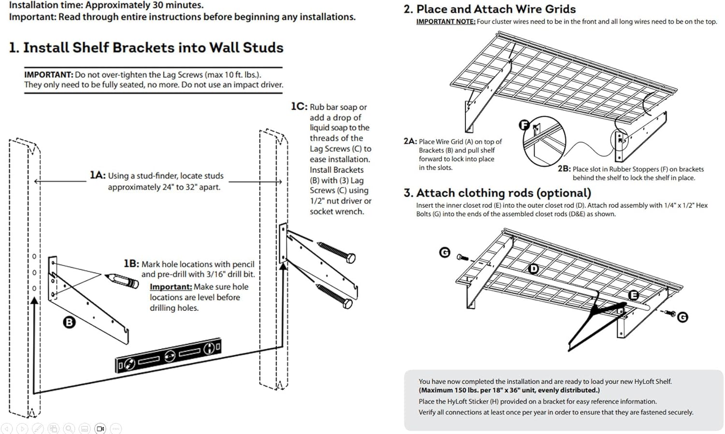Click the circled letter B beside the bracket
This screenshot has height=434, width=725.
pyautogui.click(x=70, y=322)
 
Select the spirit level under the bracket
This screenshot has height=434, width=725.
pyautogui.click(x=168, y=356)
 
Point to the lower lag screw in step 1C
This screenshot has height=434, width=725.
pyautogui.click(x=334, y=295)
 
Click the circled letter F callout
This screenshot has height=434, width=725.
pyautogui.click(x=524, y=125)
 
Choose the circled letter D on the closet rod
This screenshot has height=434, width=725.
pyautogui.click(x=534, y=268)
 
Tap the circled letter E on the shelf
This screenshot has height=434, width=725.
pyautogui.click(x=633, y=295)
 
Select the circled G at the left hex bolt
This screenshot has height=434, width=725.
pyautogui.click(x=445, y=252)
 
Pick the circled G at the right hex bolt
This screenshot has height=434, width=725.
pyautogui.click(x=682, y=317)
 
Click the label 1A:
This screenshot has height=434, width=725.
pyautogui.click(x=97, y=175)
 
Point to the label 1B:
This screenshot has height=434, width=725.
pyautogui.click(x=131, y=263)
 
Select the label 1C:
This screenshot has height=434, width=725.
pyautogui.click(x=299, y=106)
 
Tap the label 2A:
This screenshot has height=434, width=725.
pyautogui.click(x=410, y=141)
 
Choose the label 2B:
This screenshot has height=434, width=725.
pyautogui.click(x=564, y=169)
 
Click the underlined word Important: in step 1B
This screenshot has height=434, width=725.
pyautogui.click(x=171, y=287)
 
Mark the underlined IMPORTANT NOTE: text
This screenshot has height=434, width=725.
pyautogui.click(x=446, y=22)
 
